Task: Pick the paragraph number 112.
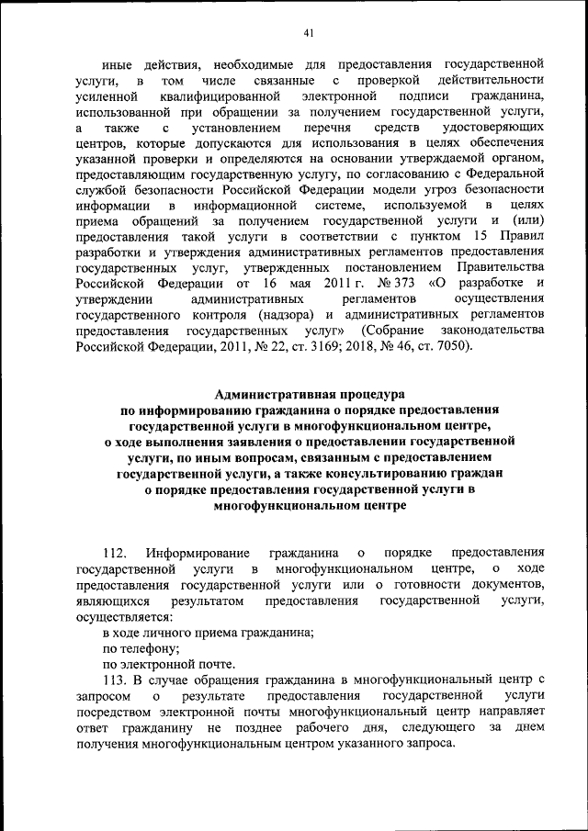click(113, 553)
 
